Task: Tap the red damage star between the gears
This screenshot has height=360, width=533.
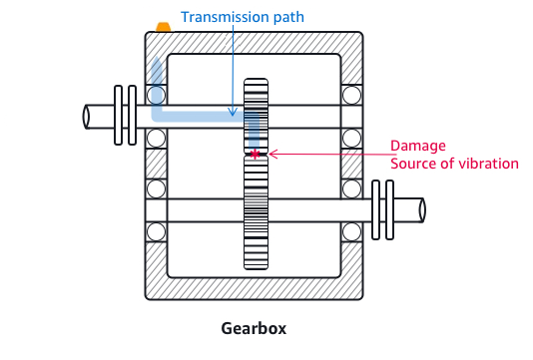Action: coord(256,154)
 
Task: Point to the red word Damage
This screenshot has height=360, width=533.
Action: coord(416,145)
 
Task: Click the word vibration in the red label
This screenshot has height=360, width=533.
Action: coord(487,164)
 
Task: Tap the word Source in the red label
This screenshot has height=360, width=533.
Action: coord(411,164)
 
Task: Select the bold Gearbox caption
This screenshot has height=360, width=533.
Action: coord(256,327)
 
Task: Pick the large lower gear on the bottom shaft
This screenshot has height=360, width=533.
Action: coord(257,210)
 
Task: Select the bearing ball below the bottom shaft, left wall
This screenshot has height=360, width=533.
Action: coord(156,231)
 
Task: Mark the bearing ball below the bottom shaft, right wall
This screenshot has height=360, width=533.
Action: coord(351,231)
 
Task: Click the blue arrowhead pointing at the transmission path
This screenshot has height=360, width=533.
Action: coord(232,111)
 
